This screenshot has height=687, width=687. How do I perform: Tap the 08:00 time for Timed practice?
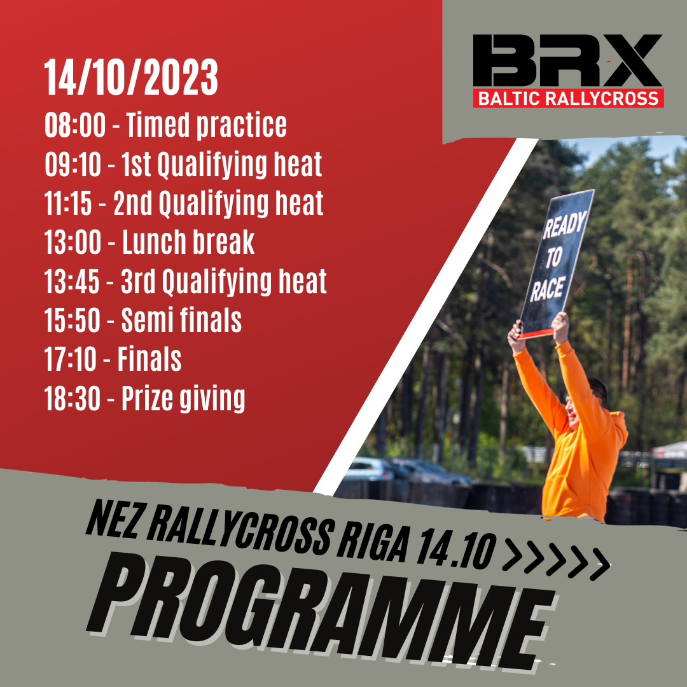[74, 126]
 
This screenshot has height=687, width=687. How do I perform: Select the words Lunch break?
[188, 243]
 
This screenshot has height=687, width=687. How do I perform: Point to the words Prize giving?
[183, 399]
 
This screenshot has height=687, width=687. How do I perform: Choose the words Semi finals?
[181, 321]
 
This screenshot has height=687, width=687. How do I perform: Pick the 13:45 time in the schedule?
[72, 282]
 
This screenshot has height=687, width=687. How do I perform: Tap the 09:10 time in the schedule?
[73, 165]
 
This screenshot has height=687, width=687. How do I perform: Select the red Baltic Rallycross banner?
[568, 99]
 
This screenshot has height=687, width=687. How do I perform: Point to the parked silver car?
[370, 469]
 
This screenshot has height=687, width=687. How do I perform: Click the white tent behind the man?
[671, 448]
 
